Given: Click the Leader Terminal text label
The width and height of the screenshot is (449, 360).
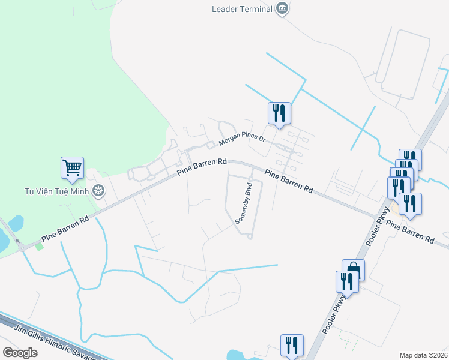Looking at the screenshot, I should [242, 8].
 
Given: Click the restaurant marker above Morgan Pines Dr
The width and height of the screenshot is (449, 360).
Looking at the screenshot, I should [279, 113].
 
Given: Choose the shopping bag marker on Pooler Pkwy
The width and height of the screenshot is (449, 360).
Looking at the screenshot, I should [353, 269].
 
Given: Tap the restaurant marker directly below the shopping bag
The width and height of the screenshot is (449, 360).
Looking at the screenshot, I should [346, 281].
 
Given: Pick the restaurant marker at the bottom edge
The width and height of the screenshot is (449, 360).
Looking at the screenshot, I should [292, 345].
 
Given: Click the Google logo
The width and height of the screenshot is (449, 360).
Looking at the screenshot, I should [20, 353].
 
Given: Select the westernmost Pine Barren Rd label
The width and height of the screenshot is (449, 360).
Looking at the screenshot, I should [65, 229].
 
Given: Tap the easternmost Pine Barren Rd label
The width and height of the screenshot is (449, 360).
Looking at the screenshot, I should [410, 230].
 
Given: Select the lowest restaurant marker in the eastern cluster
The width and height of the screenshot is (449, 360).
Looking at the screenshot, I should [411, 203].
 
